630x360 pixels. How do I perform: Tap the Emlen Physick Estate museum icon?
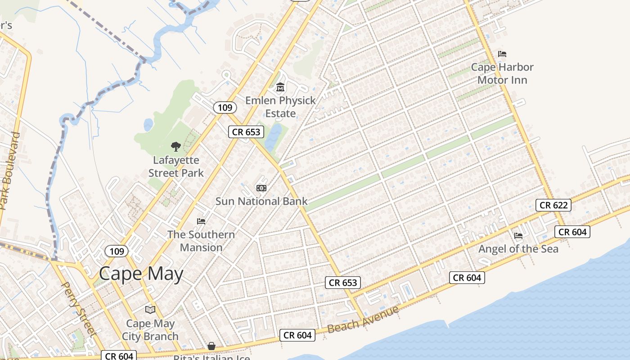(x=280, y=86)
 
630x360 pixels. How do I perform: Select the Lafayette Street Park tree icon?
(x=176, y=146)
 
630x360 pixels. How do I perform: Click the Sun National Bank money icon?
(x=261, y=188)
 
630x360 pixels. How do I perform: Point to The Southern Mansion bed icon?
(x=201, y=221)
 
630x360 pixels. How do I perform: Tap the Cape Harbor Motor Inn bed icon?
(x=502, y=54)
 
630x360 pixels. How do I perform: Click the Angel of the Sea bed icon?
(x=518, y=235)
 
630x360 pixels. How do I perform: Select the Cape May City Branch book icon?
(x=150, y=310)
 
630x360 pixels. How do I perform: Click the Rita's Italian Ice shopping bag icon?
(x=211, y=346)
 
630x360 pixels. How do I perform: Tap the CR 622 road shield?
(x=553, y=205)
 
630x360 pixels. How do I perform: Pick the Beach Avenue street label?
(x=363, y=319)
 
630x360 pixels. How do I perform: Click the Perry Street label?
(x=79, y=309)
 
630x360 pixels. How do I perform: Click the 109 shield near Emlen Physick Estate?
(x=225, y=107)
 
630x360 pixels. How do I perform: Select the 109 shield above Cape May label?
(x=117, y=251)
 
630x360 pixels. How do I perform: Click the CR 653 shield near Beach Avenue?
(x=343, y=283)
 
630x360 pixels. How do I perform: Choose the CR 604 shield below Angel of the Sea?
(x=467, y=278)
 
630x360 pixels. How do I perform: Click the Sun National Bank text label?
(x=261, y=201)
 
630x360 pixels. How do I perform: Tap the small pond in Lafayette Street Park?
(x=148, y=125)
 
